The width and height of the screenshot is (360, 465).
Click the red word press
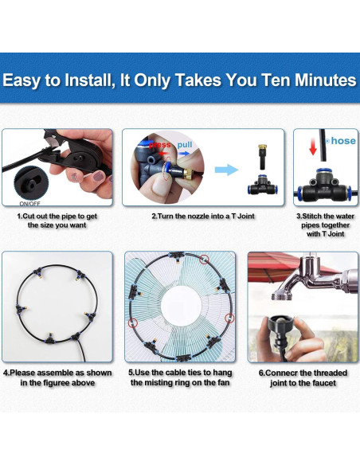tap(160, 145)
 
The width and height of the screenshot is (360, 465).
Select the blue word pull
tap(185, 145)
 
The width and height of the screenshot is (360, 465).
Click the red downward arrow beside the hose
tap(313, 147)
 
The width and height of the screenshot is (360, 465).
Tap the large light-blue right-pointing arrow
tap(226, 170)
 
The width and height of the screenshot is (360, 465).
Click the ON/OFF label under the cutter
tap(29, 204)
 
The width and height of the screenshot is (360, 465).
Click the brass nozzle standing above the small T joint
tap(261, 157)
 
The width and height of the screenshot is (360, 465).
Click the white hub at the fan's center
tap(181, 306)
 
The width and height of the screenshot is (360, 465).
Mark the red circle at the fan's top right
tap(204, 260)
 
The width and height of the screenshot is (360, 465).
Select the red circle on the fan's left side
tap(132, 322)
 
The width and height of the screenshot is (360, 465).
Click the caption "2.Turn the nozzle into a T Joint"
tap(203, 217)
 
